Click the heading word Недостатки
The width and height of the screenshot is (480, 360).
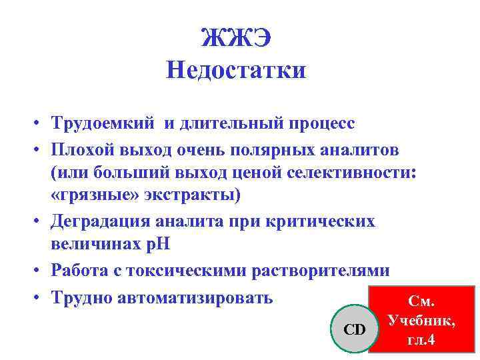click(237, 69)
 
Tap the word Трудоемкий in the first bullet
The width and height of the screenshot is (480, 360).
click(103, 123)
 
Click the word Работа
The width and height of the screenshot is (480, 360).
click(81, 270)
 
